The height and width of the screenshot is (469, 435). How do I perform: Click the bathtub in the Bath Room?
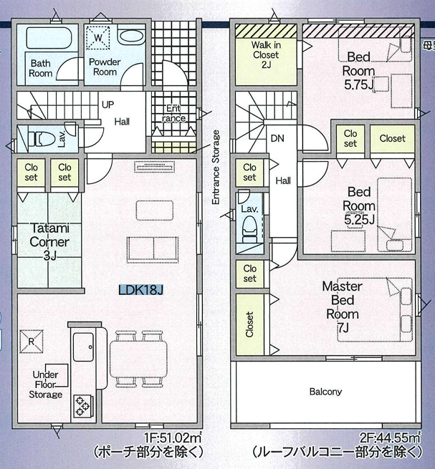click(x=49, y=38)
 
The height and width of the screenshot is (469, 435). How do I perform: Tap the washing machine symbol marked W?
click(x=98, y=38)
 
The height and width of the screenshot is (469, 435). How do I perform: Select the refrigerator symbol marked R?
click(x=32, y=342)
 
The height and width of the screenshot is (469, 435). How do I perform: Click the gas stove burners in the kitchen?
click(x=83, y=406)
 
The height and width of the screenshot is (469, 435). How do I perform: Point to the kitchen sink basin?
click(x=84, y=347)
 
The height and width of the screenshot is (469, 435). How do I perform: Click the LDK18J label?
click(x=140, y=290)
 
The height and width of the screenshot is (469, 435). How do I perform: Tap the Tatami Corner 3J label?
click(x=49, y=242)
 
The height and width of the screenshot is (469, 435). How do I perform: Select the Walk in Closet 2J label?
click(x=266, y=54)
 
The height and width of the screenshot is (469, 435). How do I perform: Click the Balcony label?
click(x=325, y=392)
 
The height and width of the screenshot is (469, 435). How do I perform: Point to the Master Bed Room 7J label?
click(x=342, y=307)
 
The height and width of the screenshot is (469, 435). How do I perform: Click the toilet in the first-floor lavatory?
click(x=42, y=139)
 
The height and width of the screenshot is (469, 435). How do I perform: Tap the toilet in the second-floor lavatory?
click(x=249, y=229)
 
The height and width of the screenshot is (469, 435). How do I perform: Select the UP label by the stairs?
click(x=107, y=105)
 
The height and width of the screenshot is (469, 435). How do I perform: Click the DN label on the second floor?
click(x=277, y=138)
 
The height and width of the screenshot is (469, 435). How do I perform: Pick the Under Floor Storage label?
click(x=46, y=385)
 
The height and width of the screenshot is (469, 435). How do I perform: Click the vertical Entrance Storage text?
click(x=216, y=168)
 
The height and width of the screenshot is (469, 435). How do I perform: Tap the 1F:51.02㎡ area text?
click(x=173, y=438)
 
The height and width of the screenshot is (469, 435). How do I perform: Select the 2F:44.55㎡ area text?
click(x=390, y=438)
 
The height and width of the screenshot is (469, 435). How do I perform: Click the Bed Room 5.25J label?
click(x=359, y=206)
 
